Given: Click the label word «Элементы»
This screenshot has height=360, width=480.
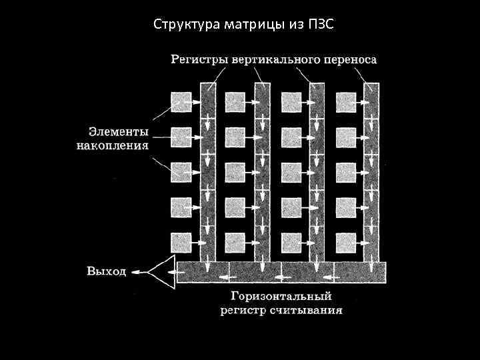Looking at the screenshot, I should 119,131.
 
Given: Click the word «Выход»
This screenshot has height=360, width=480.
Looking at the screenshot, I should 106,271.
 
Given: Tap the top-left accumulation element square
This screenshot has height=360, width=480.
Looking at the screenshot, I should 181,102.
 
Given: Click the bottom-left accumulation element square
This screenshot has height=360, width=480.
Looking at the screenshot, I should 181,240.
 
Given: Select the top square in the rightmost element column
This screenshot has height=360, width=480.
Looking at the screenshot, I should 346,102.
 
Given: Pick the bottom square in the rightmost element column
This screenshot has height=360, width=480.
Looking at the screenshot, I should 346,240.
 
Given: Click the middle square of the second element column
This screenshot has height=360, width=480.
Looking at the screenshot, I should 235,171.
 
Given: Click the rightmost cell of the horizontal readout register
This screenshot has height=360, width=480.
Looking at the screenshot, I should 359,272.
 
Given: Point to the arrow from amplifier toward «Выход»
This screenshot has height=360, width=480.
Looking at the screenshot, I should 139,272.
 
